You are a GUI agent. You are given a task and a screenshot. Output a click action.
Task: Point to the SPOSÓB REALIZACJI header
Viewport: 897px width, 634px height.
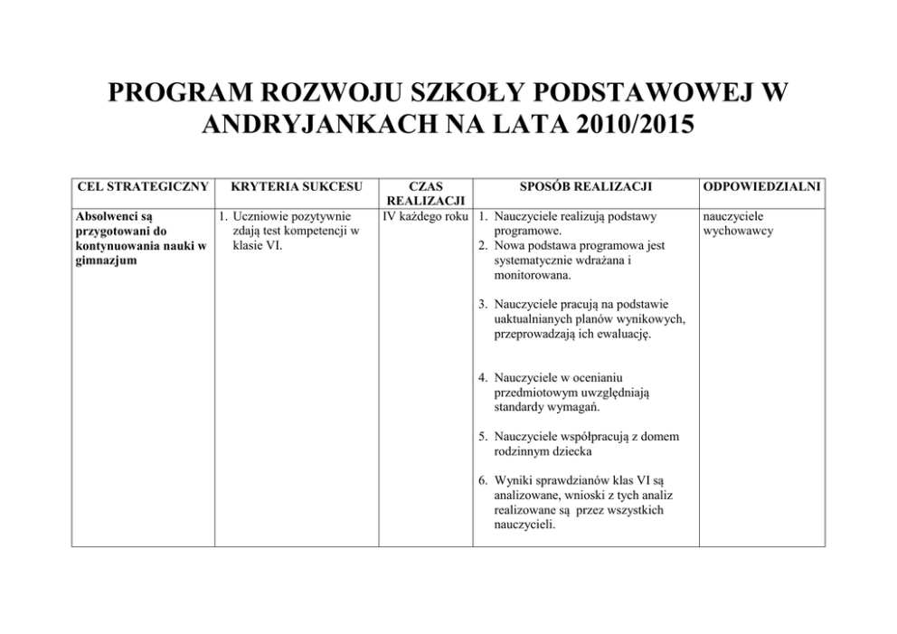[586, 187]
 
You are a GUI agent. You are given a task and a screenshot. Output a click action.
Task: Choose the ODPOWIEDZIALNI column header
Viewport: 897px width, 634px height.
[762, 187]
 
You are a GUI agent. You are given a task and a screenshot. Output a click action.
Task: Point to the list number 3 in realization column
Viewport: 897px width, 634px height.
[484, 304]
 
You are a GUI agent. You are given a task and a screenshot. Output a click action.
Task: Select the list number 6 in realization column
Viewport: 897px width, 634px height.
[484, 481]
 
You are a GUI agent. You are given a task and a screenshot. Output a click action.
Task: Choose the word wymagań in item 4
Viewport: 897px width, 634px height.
[576, 406]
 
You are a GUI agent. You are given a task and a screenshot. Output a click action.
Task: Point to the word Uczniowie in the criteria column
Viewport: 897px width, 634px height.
[262, 217]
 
